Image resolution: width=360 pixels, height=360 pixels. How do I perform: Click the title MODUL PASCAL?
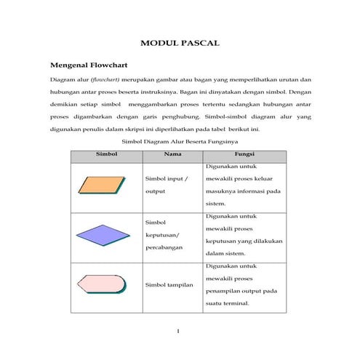pos(179,44)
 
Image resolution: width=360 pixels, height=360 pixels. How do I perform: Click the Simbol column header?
pos(106,155)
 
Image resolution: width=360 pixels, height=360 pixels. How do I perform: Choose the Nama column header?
pos(172,155)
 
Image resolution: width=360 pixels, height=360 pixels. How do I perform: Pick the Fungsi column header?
pos(244,155)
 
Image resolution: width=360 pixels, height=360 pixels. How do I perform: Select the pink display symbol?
pos(103,284)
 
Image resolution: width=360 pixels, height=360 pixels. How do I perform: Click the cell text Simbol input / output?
pos(166,185)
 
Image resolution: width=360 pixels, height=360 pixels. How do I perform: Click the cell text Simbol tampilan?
pos(169,284)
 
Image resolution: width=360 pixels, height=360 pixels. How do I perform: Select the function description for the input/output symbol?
pos(244,185)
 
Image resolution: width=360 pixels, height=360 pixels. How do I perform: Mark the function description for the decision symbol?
pos(244,234)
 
